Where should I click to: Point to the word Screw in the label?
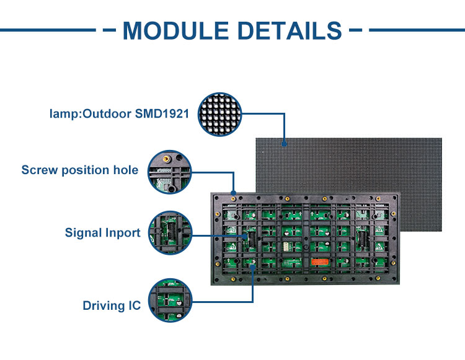[40, 170]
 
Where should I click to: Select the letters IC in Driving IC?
[134, 305]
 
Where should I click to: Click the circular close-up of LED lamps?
[221, 114]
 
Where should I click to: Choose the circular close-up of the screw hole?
[169, 170]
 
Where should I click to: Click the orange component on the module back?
[318, 261]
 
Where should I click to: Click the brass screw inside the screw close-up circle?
[166, 159]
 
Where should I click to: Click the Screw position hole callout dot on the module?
[233, 192]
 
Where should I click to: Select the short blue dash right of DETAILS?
[355, 29]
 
